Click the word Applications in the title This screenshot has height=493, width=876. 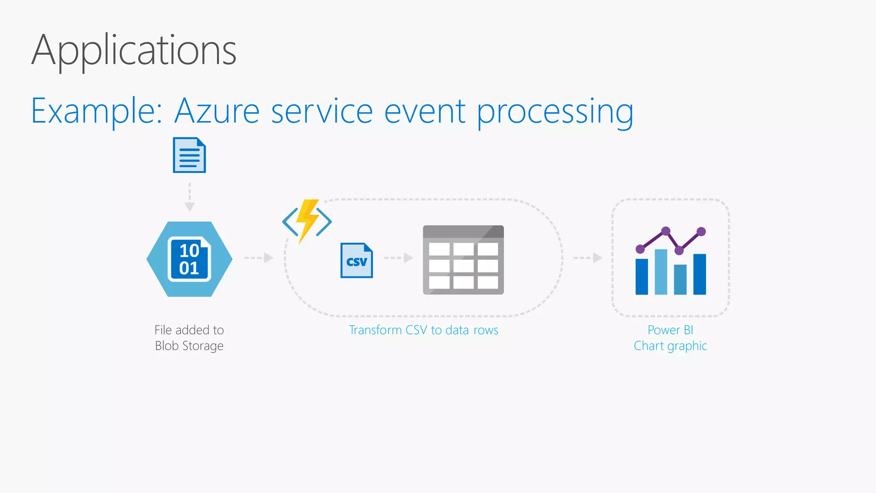(x=134, y=50)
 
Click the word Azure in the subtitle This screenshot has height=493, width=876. (x=217, y=111)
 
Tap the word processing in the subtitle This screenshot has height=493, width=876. (x=555, y=112)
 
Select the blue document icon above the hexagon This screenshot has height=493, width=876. (x=189, y=155)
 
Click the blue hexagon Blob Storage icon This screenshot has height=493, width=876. (x=189, y=259)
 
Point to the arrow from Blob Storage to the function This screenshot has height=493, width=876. (x=259, y=258)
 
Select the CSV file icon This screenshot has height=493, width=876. (x=356, y=260)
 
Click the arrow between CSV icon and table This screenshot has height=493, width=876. (x=399, y=258)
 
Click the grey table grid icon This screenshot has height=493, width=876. (x=463, y=265)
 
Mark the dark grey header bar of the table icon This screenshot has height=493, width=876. (x=463, y=232)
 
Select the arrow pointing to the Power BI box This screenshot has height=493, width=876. (x=588, y=258)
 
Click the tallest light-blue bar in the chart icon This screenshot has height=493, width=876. (x=661, y=272)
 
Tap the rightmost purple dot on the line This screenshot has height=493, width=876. (x=701, y=232)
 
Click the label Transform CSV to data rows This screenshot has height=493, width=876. (x=423, y=330)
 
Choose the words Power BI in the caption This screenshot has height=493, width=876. (x=670, y=330)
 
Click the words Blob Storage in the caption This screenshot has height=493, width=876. (x=189, y=346)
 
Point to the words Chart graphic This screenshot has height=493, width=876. (x=670, y=346)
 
